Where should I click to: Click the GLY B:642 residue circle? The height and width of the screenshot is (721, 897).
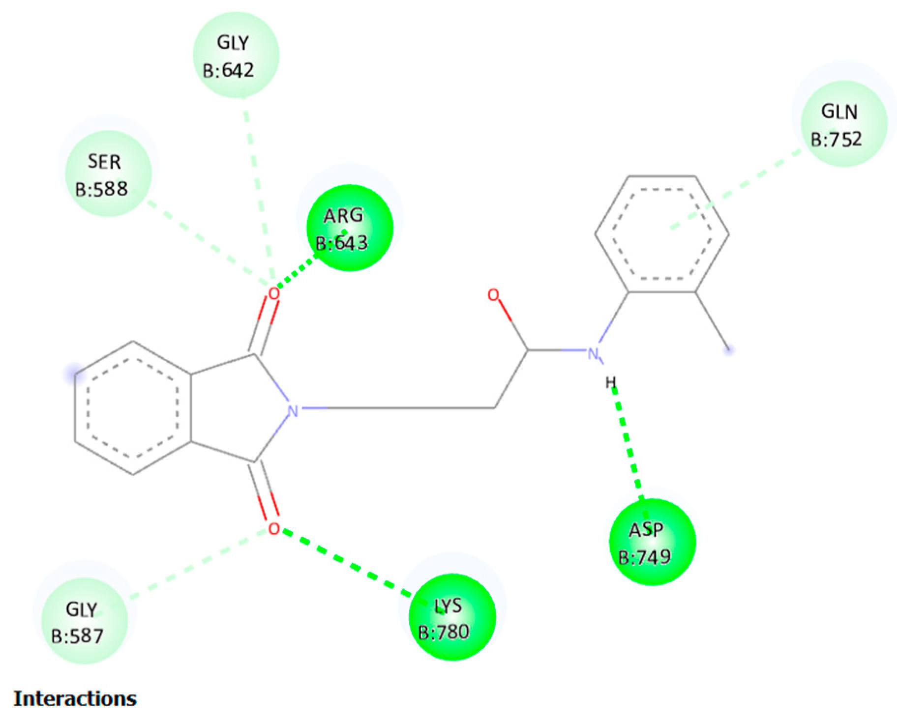coord(236,55)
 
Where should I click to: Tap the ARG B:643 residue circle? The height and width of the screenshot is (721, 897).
coord(350,228)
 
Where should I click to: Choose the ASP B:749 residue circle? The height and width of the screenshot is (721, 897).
coord(652,542)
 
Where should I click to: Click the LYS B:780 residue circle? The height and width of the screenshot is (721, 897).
coord(452,618)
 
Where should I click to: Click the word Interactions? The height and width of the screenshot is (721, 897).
coord(75,698)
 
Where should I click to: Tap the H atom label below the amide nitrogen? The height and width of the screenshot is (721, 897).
coord(610,382)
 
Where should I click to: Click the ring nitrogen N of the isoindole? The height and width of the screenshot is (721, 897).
coord(293,409)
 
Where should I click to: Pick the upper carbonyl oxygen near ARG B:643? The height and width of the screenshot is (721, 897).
coord(273,294)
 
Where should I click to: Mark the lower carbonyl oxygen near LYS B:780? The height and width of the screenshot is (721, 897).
coord(274,529)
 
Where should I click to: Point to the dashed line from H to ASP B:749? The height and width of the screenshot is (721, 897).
coord(628,445)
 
